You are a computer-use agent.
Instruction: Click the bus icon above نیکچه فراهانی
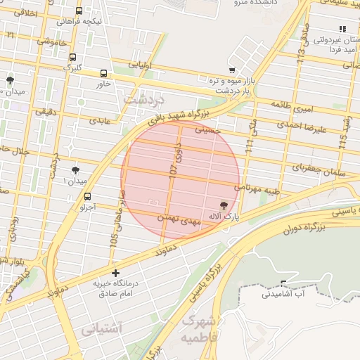pyautogui.click(x=79, y=11)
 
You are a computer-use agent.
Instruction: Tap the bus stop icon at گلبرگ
pyautogui.click(x=73, y=58)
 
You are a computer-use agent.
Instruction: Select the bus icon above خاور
pyautogui.click(x=104, y=73)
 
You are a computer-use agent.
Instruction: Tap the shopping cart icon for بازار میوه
pyautogui.click(x=231, y=70)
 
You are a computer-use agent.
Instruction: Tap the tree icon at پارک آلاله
pyautogui.click(x=224, y=205)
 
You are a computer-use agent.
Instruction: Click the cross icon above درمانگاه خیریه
pyautogui.click(x=115, y=272)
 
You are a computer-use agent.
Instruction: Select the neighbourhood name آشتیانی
pyautogui.click(x=101, y=328)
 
